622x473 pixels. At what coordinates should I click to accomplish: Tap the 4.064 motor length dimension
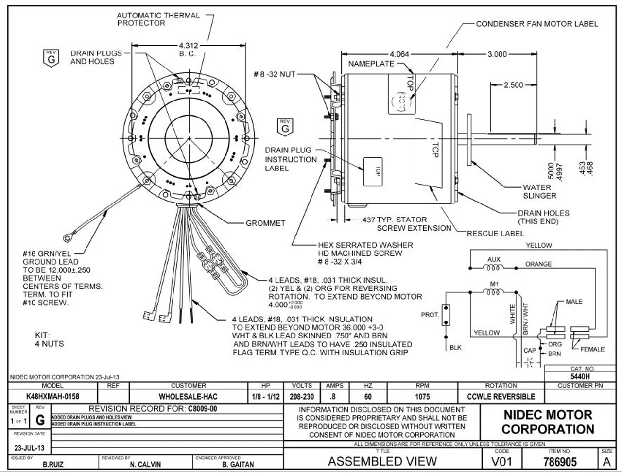pos(399,54)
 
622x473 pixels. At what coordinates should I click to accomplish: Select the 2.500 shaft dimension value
pos(513,85)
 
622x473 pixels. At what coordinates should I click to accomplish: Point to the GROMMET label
pos(265,223)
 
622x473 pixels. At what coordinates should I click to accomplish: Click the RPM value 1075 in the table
pos(422,397)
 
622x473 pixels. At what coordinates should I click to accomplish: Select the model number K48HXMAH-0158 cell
pos(51,397)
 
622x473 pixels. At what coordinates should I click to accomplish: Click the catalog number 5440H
pos(580,376)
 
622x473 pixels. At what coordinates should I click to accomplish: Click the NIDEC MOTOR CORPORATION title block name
pos(548,422)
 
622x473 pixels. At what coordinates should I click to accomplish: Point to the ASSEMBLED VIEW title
pos(382,461)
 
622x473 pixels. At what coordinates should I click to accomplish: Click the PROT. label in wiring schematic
pos(430,315)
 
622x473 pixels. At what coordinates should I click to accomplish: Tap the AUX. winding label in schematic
pos(494,260)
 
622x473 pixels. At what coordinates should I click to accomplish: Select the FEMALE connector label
pos(592,349)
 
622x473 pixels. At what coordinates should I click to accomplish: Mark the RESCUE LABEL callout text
pos(496,234)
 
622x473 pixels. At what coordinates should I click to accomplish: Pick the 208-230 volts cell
pos(301,397)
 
